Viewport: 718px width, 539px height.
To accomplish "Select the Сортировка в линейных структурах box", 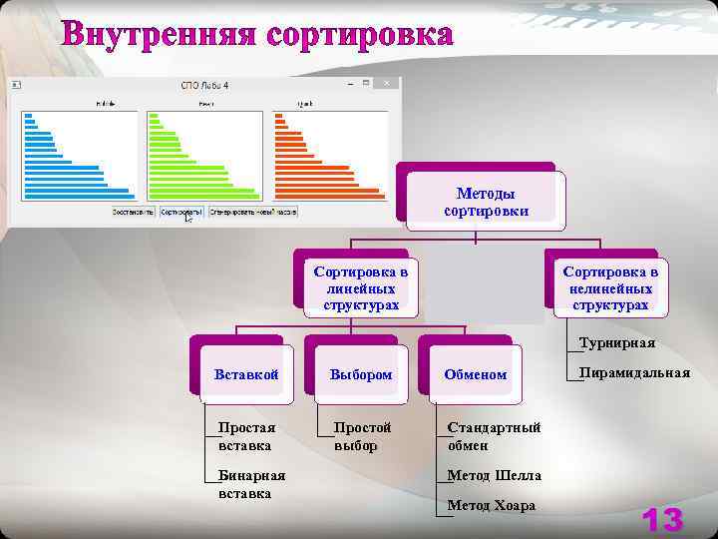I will (360, 287).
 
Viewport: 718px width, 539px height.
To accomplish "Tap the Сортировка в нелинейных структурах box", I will (609, 287).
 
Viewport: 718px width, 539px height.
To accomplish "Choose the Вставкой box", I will (246, 374).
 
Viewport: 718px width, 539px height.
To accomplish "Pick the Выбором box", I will (362, 374).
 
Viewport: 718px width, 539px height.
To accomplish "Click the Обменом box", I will (476, 374).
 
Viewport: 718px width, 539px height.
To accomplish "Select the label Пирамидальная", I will (635, 372).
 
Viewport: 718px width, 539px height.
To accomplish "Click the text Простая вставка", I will (246, 436).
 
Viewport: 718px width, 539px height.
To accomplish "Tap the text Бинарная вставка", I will (251, 484).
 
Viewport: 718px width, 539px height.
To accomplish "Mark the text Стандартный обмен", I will (494, 436).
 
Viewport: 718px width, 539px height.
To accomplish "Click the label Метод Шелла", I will (494, 476).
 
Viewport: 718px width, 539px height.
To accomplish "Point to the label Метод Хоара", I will (491, 505).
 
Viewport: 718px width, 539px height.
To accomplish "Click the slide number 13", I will (662, 519).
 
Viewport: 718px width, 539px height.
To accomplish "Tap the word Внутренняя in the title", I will (160, 34).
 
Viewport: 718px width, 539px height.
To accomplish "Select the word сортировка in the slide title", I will (359, 34).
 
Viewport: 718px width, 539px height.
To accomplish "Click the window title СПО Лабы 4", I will (204, 86).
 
